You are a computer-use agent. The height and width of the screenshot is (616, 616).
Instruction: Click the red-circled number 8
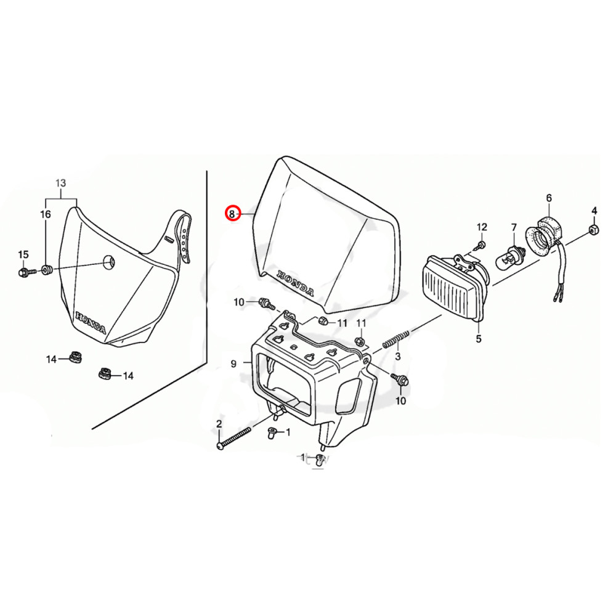coord(232,214)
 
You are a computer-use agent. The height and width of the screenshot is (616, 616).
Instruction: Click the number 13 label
coord(60,183)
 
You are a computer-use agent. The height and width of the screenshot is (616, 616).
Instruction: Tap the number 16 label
coord(46,214)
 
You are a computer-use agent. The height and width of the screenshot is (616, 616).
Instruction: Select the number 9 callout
coord(233,364)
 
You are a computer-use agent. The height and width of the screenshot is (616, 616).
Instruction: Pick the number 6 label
coord(548,198)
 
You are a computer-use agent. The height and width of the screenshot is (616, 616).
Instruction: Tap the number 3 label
coord(398,357)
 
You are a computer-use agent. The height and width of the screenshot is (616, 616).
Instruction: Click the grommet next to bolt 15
coord(46,269)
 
